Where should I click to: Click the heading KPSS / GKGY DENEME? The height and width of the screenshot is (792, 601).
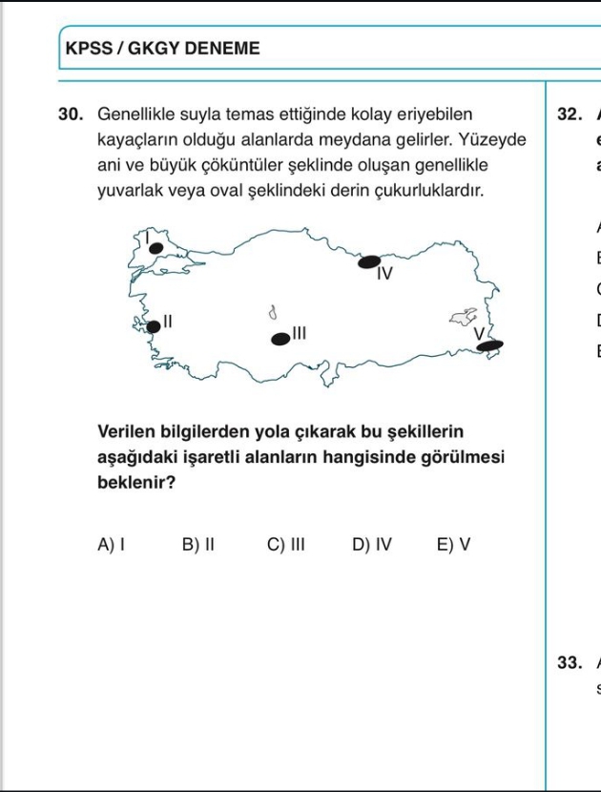(x=162, y=48)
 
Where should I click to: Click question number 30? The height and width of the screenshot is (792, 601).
(x=72, y=114)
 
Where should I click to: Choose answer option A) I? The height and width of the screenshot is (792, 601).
(x=112, y=545)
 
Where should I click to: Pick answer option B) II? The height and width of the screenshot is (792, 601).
(x=197, y=545)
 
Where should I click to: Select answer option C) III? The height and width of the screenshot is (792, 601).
(x=285, y=545)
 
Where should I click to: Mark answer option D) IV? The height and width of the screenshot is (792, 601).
(x=372, y=545)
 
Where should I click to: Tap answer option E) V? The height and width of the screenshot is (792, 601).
(x=453, y=545)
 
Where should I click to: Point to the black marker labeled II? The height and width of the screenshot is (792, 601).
(x=153, y=327)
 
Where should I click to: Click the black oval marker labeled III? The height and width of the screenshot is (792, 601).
(x=280, y=338)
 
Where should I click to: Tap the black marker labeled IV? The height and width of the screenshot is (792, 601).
(x=369, y=261)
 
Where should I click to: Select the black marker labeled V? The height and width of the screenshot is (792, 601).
(x=490, y=344)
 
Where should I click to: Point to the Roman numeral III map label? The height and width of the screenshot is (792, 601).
(x=299, y=333)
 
